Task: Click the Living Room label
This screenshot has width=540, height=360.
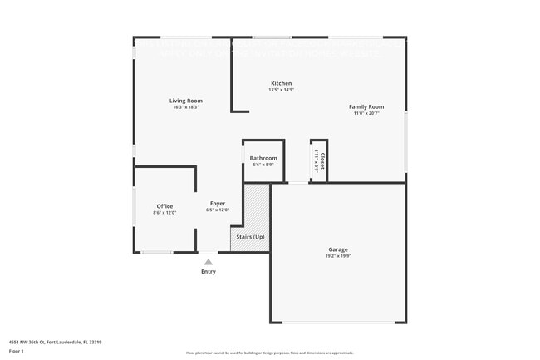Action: click(186, 101)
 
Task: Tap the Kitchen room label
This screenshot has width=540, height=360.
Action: click(281, 83)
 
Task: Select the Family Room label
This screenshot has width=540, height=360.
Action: click(366, 106)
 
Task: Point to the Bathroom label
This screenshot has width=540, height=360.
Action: click(263, 158)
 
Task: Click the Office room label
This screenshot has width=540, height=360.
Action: click(164, 206)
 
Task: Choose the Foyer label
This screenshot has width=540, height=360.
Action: click(217, 203)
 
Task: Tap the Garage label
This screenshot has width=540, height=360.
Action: click(337, 249)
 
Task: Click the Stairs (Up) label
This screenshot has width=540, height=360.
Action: click(250, 237)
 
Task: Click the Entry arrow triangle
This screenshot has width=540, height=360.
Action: click(208, 262)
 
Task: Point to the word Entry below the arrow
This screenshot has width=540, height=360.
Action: click(208, 272)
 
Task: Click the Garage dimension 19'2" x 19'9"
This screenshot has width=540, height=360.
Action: click(337, 256)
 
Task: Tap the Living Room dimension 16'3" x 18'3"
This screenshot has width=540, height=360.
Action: click(186, 107)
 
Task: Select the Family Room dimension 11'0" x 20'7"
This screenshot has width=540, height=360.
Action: click(366, 113)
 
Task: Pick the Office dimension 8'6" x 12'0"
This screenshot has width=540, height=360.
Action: click(164, 213)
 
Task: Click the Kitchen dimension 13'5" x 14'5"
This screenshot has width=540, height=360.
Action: click(281, 90)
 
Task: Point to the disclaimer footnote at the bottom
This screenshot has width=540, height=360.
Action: click(269, 353)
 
